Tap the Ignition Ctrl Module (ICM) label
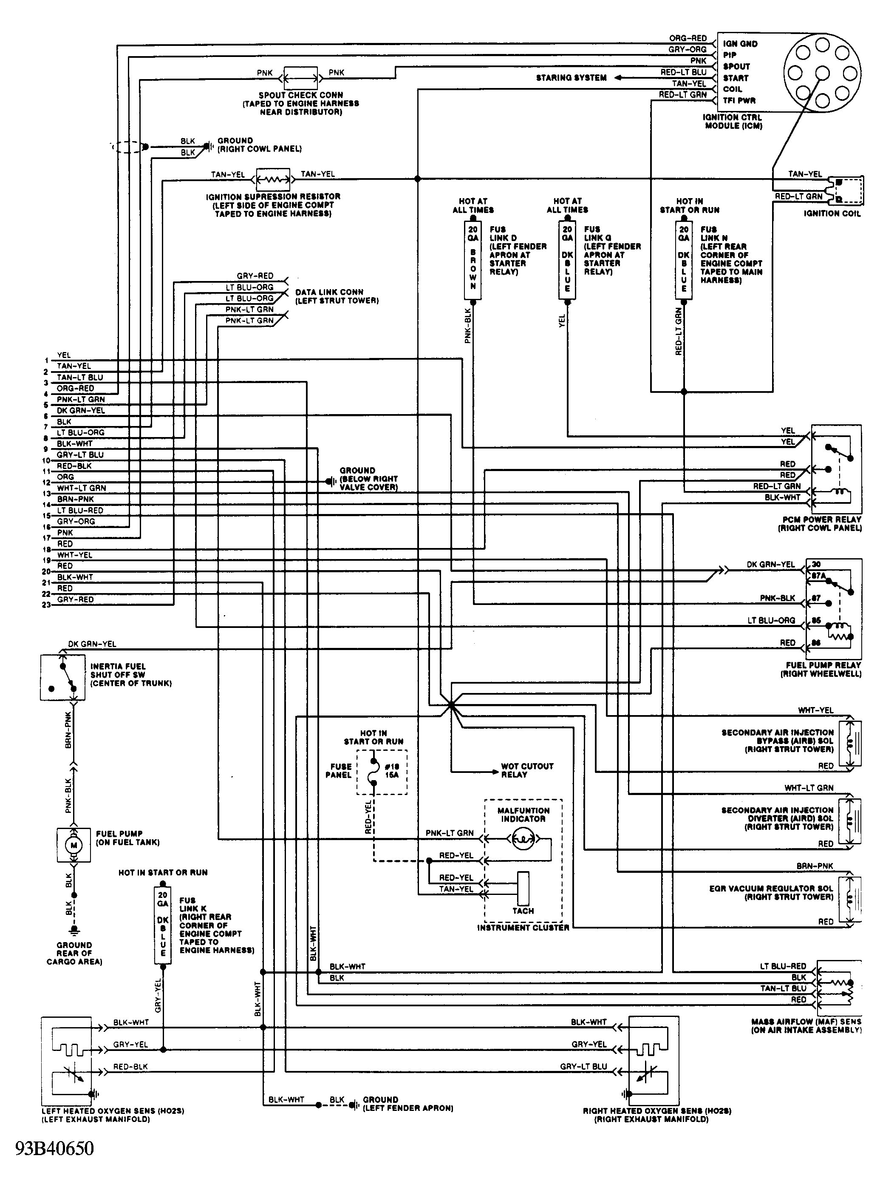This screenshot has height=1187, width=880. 733,122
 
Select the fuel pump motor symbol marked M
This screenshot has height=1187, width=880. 74,845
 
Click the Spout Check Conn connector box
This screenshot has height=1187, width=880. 300,78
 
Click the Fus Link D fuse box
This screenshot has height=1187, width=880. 473,260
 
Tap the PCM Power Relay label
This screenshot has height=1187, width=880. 821,523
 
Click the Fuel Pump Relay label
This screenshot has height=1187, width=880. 821,670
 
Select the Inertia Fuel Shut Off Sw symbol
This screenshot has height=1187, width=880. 62,677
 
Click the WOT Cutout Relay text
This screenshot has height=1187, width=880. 527,770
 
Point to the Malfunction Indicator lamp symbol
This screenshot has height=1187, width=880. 523,840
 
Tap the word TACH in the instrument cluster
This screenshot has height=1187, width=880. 523,911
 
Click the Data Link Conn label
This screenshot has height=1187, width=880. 337,296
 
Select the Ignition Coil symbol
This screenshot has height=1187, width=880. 847,189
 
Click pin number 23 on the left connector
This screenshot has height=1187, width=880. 46,605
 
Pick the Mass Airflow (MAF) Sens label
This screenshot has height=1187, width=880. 806,1026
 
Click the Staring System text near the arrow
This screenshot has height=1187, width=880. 571,78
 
